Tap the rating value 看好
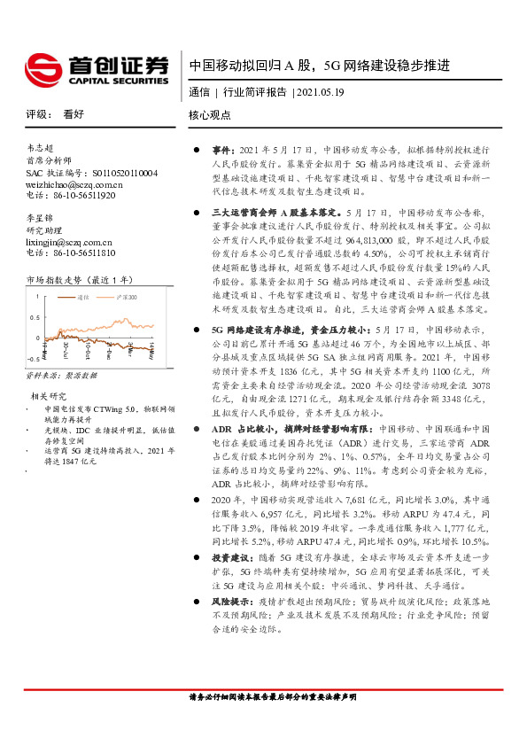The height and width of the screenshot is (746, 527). [74, 115]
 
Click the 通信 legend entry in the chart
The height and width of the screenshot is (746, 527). [84, 298]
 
